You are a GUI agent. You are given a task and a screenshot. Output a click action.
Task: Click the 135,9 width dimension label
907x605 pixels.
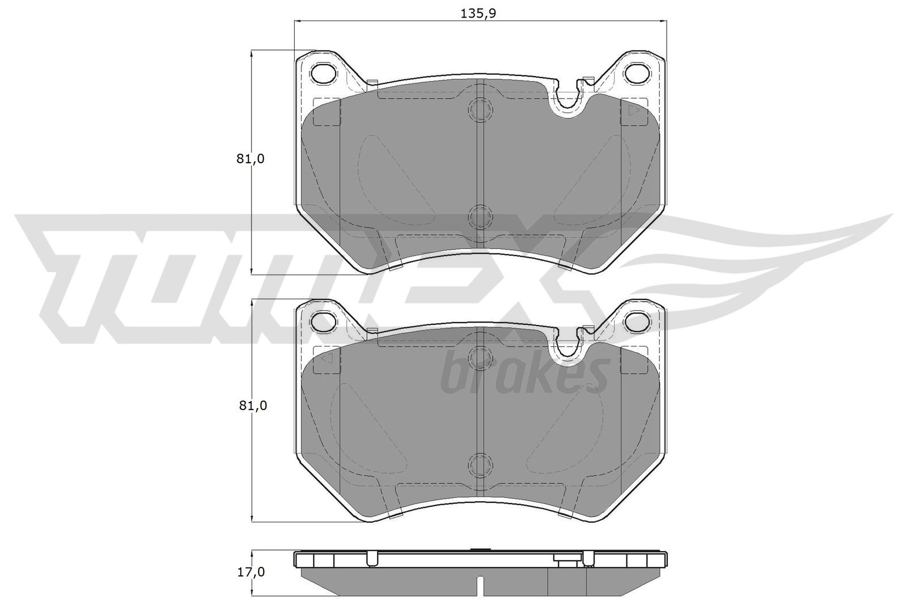click(480, 14)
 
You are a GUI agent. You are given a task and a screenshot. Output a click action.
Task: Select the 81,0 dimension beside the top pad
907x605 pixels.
click(251, 159)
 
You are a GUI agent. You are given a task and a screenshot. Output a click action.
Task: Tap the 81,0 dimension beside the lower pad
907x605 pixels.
click(251, 405)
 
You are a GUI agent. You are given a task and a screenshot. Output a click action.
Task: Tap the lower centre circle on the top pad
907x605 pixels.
click(480, 216)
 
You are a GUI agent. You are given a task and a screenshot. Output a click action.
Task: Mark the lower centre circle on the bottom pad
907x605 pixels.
click(480, 464)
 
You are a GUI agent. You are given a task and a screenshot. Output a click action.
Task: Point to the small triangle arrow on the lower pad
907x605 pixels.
click(325, 359)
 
